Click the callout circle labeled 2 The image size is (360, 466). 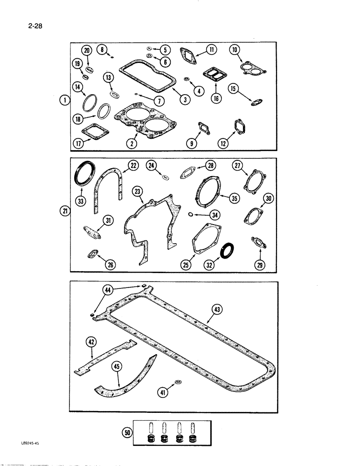(133, 144)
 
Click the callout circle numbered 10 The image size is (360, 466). (234, 49)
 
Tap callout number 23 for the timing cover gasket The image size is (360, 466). (137, 191)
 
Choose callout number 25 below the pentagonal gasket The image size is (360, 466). (187, 265)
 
